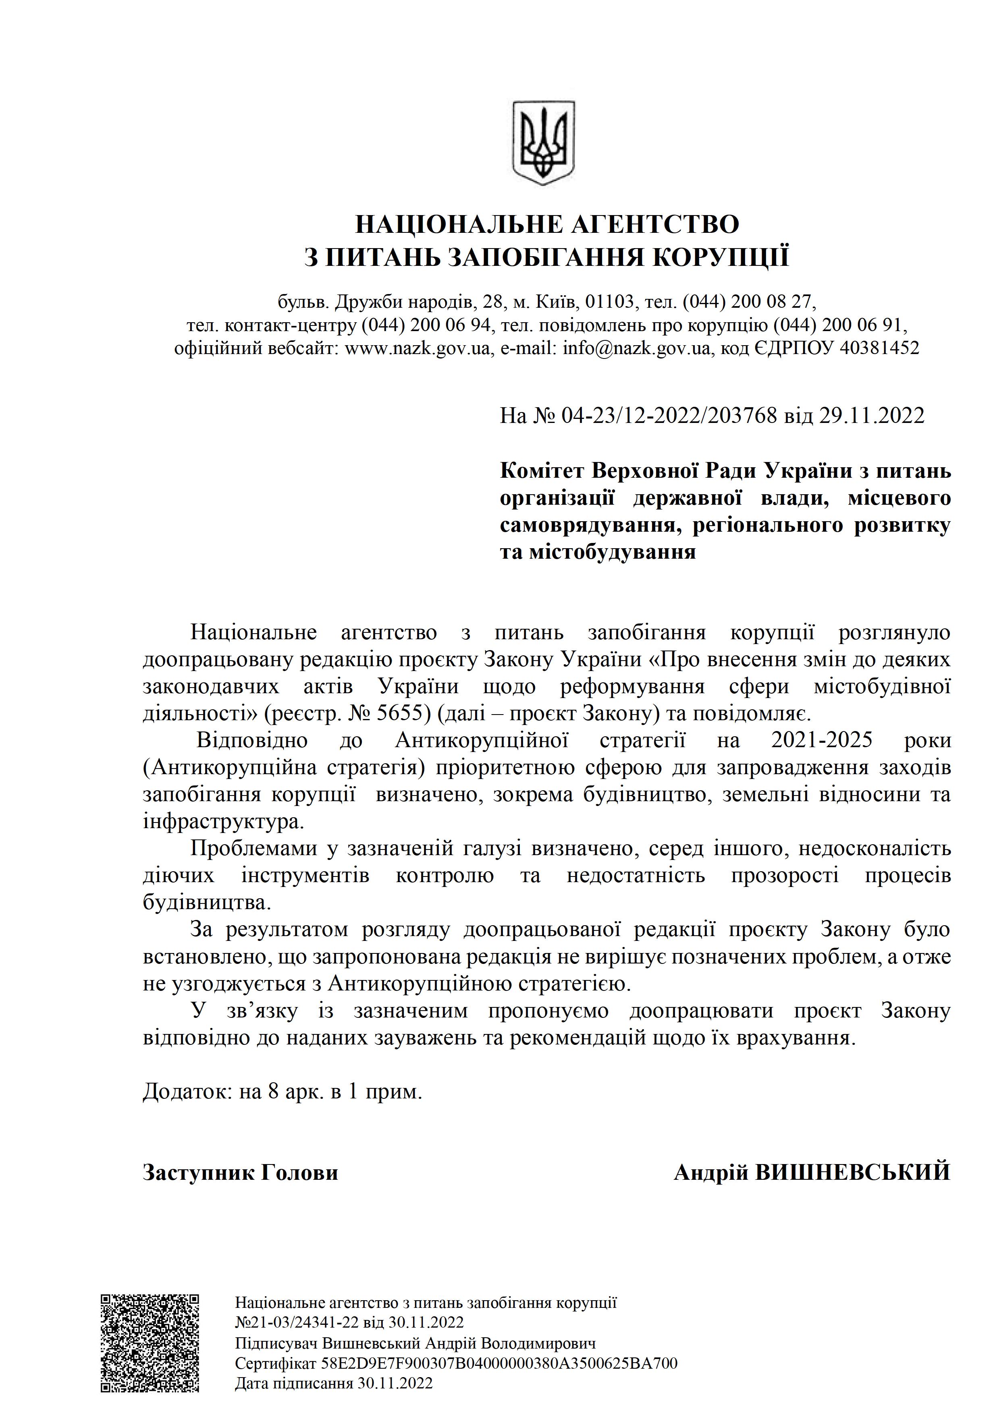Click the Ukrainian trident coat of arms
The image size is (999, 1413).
pos(544,143)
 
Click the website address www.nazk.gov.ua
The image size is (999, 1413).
pos(417,349)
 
